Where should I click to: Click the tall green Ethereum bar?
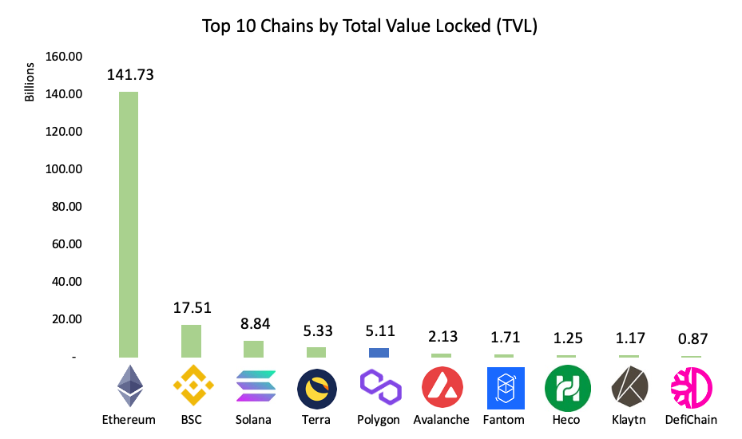tap(128, 224)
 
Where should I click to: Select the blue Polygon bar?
tap(379, 353)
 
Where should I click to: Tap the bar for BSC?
tap(191, 341)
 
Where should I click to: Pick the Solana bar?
tap(253, 349)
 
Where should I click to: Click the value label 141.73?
tap(129, 75)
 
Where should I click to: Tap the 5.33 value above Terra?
tap(316, 330)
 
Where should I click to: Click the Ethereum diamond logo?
tap(129, 387)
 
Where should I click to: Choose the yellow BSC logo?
tap(192, 387)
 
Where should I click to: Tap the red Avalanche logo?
tap(442, 388)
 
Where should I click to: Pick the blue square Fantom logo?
tap(505, 388)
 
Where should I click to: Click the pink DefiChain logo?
tap(692, 388)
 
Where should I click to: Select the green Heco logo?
tap(567, 388)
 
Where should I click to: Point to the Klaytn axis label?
tap(629, 420)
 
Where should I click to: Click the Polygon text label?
tap(379, 420)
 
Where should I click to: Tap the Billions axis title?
tap(30, 81)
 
